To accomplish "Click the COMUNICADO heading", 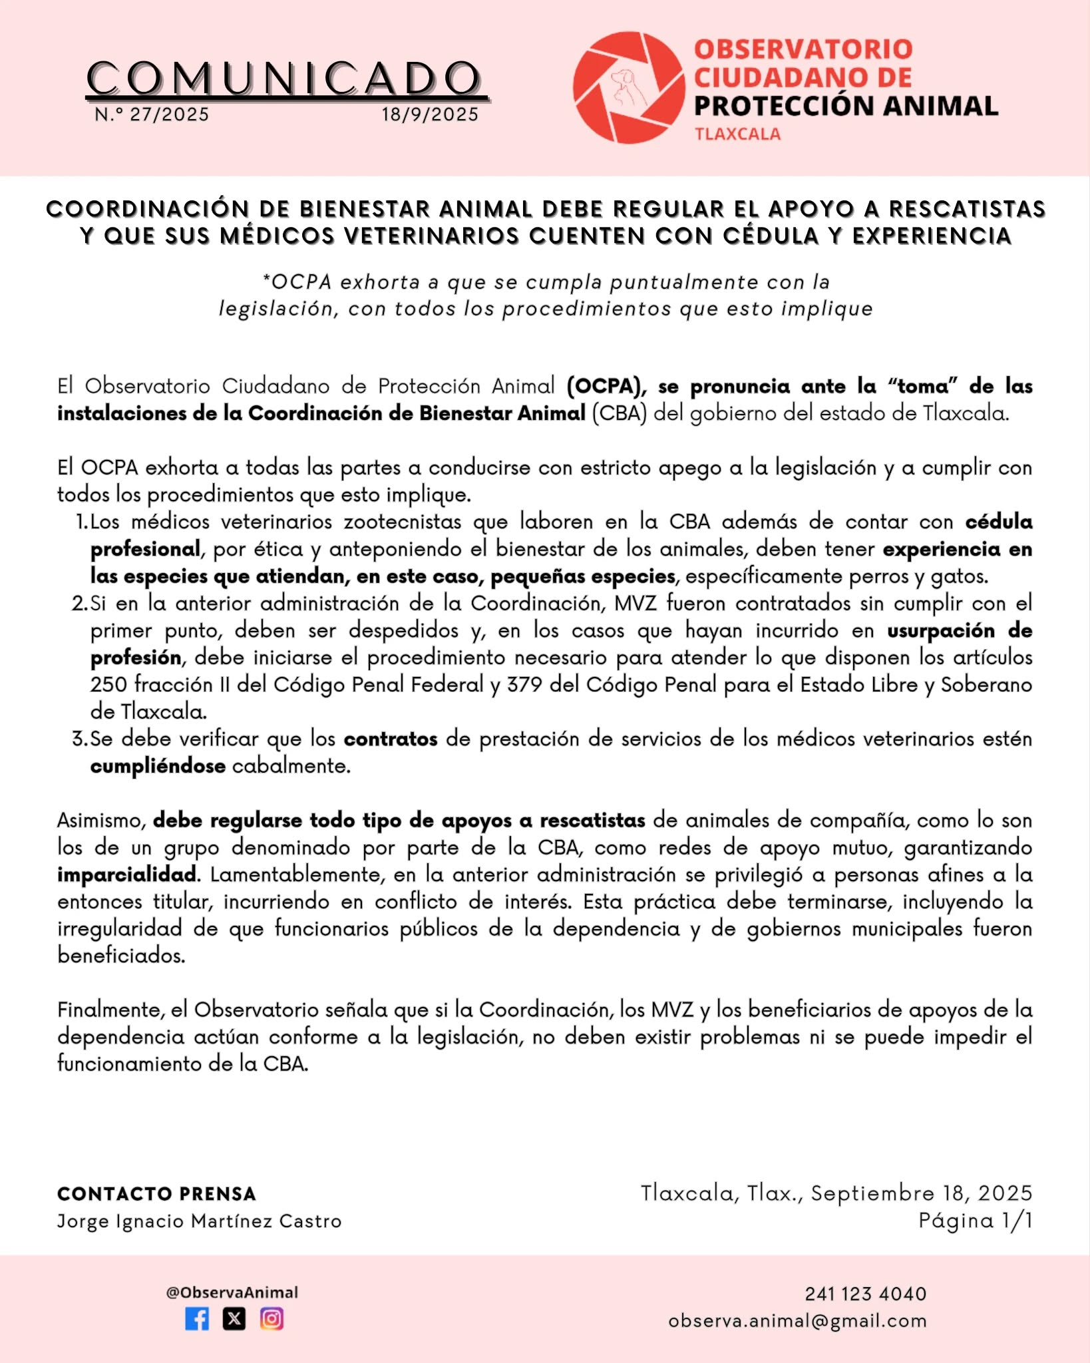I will pos(285,79).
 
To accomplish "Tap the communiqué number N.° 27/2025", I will pos(152,114).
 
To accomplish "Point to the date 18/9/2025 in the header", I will pos(430,114).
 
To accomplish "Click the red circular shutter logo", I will pos(628,87).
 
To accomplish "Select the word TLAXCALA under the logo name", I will pos(737,134).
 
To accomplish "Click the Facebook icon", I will pos(197,1318).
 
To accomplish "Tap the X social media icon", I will pos(234,1318).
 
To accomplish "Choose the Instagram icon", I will pos(272,1318).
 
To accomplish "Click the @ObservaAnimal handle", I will pos(232,1292).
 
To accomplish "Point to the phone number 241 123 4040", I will pos(865,1294).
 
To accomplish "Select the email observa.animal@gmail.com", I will pos(797,1321).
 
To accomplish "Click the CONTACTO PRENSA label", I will pos(156,1194).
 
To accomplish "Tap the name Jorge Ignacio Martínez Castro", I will pos(199,1221).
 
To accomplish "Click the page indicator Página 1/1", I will pos(975,1221).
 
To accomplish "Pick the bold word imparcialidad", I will pos(128,875).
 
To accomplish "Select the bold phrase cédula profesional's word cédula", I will pos(998,522).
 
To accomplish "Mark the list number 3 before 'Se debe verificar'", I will pos(79,739).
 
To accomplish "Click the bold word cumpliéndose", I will pos(158,766).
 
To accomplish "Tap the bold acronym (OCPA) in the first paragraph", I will pos(606,386).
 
